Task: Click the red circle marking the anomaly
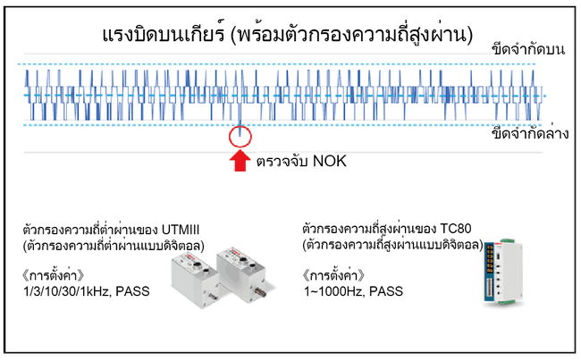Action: pos(240,137)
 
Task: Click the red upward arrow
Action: pos(240,161)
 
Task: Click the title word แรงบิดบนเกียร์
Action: pos(165,36)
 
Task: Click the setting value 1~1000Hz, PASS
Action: pos(353,290)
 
